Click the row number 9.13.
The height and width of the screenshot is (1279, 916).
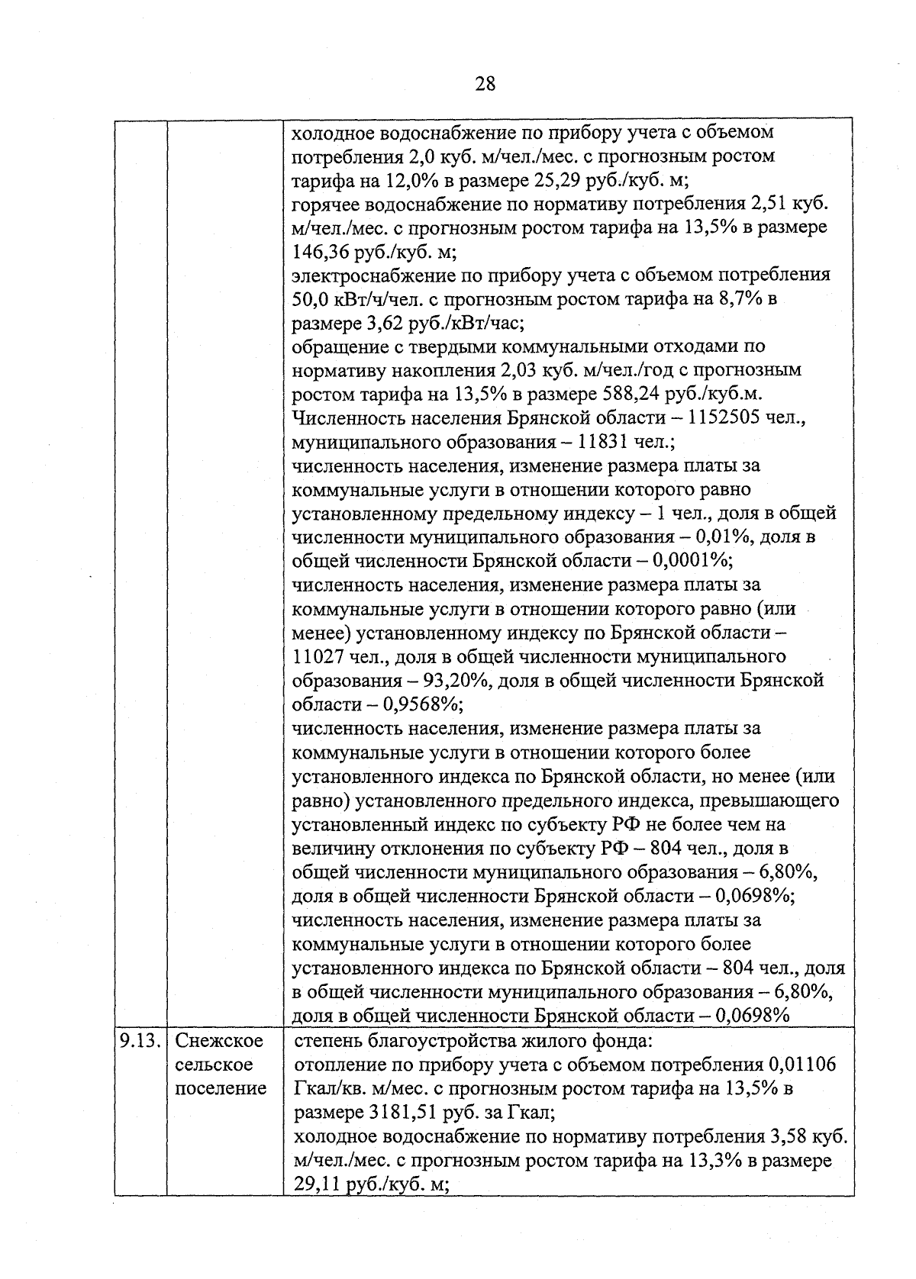(140, 1040)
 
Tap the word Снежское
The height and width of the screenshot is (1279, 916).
(219, 1040)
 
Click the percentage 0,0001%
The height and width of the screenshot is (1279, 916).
(693, 561)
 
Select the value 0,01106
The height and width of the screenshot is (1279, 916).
(802, 1064)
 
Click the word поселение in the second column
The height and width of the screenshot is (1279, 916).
(221, 1088)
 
